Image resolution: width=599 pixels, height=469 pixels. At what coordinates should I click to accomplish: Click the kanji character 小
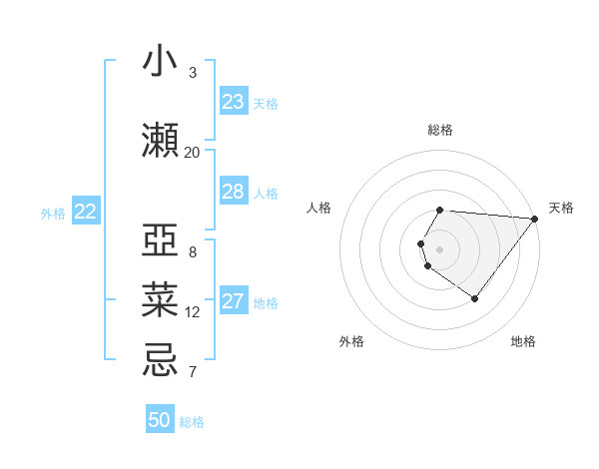click(160, 62)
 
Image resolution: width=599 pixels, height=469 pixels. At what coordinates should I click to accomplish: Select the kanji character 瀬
click(160, 141)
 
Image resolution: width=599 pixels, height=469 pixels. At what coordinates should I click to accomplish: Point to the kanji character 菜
click(160, 300)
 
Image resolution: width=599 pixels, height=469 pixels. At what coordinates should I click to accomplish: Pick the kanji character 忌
click(160, 360)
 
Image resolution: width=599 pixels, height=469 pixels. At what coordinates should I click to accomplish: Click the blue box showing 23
click(233, 102)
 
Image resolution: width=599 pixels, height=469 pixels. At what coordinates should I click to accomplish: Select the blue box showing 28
click(233, 192)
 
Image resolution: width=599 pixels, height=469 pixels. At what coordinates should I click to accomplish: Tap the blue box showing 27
click(233, 301)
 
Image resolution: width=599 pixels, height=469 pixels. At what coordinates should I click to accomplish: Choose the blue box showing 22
click(86, 212)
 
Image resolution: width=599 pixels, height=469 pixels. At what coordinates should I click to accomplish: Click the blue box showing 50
click(160, 420)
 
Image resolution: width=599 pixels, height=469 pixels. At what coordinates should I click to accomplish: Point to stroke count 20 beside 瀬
click(193, 152)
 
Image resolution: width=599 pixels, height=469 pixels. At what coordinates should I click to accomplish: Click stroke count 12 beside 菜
click(193, 312)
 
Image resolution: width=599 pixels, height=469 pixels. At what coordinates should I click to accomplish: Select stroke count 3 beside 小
click(193, 73)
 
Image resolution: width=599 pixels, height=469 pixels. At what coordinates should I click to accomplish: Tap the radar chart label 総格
click(440, 130)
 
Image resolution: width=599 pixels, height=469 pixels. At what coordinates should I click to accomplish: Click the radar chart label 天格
click(561, 208)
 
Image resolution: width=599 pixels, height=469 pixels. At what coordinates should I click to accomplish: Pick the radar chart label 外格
click(351, 341)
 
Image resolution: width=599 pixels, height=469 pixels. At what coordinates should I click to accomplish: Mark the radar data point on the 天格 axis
click(535, 219)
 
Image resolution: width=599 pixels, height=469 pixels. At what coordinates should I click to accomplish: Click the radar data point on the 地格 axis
click(474, 298)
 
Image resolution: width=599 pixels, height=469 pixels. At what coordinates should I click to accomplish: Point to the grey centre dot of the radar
click(440, 249)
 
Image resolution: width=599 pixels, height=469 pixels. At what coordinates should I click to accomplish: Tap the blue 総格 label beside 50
click(192, 422)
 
